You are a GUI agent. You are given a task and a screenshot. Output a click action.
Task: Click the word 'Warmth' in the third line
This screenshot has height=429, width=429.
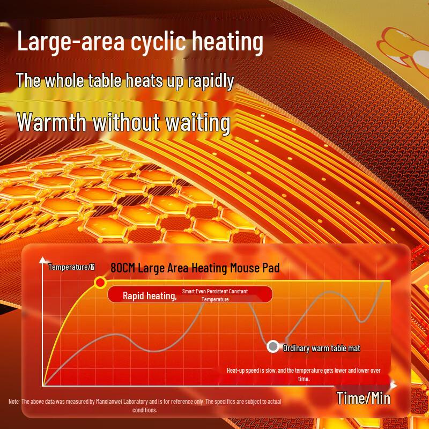52,122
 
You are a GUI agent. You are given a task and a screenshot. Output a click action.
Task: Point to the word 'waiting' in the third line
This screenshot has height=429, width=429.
193,122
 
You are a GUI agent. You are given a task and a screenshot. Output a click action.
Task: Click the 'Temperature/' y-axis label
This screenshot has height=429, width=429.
71,267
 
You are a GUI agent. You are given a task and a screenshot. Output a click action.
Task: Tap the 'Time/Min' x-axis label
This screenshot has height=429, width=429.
364,398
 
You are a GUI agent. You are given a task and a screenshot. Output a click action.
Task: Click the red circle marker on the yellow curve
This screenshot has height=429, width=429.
100,282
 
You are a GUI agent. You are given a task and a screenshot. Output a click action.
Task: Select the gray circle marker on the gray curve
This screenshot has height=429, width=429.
273,347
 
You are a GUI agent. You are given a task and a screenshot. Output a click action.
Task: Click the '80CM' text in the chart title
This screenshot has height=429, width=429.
123,268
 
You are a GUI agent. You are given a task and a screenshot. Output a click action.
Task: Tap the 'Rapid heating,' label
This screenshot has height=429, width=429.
150,295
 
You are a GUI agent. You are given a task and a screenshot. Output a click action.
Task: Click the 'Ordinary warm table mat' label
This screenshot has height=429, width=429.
321,349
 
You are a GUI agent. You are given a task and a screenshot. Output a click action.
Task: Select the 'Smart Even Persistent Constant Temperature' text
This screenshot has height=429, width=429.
215,295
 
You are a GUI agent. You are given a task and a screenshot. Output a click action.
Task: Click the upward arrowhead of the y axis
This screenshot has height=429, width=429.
43,261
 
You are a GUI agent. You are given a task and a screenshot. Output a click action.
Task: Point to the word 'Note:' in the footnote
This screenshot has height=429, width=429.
14,402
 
